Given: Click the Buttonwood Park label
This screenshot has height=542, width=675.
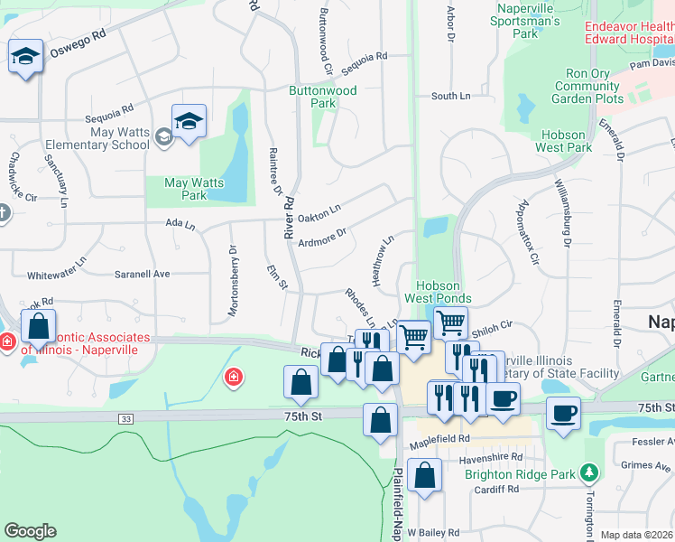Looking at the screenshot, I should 323,97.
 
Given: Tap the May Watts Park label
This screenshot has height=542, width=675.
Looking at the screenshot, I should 188,189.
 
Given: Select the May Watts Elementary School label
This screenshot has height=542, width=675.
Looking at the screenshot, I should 106,138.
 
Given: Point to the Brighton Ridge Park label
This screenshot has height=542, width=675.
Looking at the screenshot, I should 519,474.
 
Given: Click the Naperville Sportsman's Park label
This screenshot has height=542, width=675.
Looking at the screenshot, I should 530,21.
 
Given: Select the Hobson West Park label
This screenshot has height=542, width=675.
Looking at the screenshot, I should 563,141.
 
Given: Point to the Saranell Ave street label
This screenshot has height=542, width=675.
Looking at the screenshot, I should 142,274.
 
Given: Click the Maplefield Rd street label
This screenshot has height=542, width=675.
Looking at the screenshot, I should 439,439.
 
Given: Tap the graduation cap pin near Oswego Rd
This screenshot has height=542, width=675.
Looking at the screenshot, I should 26,57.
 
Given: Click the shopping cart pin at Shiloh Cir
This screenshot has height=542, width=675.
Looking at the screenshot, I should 449,321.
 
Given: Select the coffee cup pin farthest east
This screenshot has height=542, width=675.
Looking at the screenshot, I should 563,413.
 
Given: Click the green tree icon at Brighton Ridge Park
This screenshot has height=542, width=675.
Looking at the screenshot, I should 589,472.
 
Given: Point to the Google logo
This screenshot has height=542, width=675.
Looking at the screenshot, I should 30,531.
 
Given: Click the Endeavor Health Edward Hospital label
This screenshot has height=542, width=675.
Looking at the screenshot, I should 629,33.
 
